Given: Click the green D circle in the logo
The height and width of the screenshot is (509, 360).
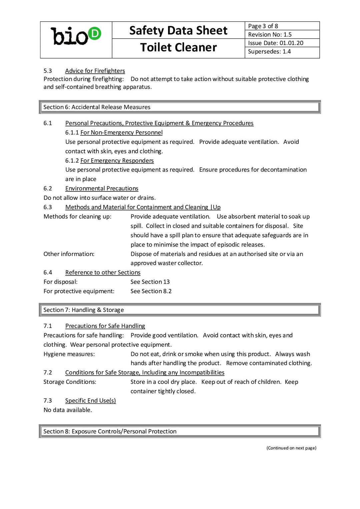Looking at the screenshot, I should click(x=95, y=34).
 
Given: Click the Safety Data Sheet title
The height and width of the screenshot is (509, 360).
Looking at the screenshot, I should click(x=178, y=31).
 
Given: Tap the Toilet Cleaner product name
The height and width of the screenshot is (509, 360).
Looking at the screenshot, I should click(x=178, y=48).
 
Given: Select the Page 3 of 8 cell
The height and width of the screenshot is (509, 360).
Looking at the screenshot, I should click(x=282, y=26).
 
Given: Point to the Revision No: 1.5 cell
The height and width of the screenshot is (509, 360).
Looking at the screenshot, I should click(x=282, y=34).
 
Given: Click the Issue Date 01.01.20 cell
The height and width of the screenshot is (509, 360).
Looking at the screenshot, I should click(x=282, y=43).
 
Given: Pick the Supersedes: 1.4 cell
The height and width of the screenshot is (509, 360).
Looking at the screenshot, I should click(x=282, y=52).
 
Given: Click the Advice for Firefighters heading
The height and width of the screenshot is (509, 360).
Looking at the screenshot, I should click(x=95, y=71).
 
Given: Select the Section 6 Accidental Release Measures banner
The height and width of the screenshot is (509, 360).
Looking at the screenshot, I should click(x=180, y=107).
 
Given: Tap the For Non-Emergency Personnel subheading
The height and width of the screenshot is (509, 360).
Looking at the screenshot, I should click(x=121, y=133).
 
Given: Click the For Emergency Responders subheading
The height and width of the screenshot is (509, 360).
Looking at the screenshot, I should click(x=117, y=161).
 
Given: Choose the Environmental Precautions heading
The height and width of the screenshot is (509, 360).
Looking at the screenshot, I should click(x=102, y=189).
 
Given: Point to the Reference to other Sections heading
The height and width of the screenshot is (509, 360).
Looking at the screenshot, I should click(x=103, y=273).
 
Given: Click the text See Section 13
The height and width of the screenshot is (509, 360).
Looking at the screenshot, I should click(x=150, y=282).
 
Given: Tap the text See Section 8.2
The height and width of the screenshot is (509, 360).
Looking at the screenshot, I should click(x=151, y=291).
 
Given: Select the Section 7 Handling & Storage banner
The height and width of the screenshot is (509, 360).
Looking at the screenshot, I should click(x=180, y=310).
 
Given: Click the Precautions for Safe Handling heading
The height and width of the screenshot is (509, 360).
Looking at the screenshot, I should click(x=105, y=326).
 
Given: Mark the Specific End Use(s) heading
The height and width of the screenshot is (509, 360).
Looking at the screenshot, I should click(x=90, y=401).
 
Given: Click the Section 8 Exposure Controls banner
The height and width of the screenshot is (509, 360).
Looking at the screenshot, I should click(x=180, y=431).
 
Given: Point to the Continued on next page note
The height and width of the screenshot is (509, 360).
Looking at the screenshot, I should click(x=291, y=448).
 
